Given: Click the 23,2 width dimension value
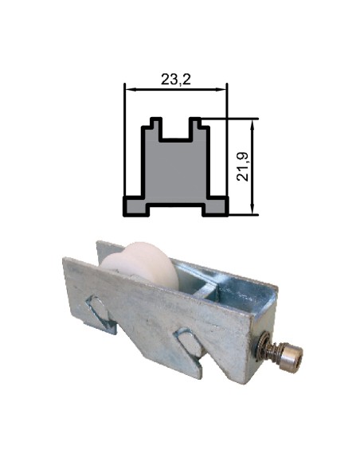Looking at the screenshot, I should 176,79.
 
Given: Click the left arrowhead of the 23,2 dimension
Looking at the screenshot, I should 128,88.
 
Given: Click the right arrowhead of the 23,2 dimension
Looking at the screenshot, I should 224,88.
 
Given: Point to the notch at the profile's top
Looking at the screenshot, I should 176,131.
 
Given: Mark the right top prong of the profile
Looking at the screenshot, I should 196,125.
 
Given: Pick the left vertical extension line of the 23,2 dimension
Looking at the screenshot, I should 125,143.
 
